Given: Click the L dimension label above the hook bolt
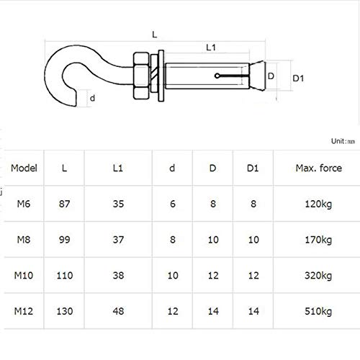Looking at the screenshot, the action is [155, 35].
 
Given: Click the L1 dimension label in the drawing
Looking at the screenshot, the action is [211, 48].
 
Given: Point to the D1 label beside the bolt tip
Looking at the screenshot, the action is [298, 78].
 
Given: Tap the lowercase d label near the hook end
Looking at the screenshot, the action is [92, 98].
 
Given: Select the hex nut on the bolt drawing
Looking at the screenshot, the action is [141, 76].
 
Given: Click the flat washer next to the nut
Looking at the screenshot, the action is [161, 76].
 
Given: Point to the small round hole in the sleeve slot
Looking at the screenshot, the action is [217, 76].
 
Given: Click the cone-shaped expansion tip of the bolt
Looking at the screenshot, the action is [258, 76].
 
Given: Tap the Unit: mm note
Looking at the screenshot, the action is [343, 141].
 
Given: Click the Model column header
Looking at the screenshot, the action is [24, 168].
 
